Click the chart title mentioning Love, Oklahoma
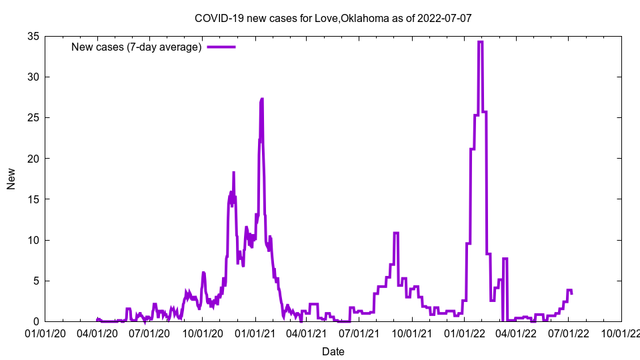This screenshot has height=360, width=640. pos(333,18)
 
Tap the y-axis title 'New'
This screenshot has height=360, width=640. pos(11,179)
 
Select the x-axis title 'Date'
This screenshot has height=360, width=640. pos(333,351)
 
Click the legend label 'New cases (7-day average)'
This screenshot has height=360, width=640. pos(137,47)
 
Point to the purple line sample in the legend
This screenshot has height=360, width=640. pos(221,47)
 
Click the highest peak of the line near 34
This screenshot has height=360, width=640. pos(480,42)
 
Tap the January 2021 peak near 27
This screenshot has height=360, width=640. pos(262,99)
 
